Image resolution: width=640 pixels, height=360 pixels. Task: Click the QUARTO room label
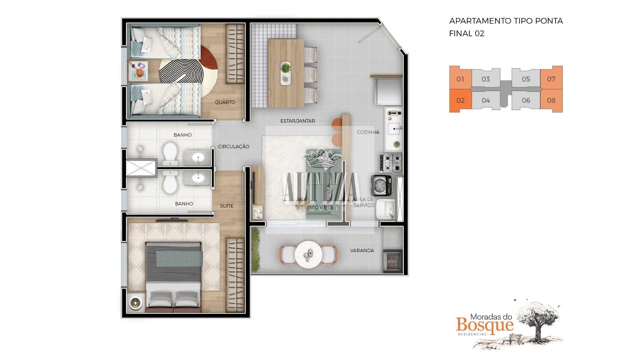coord(225,102)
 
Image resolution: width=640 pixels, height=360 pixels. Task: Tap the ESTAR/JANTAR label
coord(298,121)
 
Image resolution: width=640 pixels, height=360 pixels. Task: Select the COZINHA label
coord(368,132)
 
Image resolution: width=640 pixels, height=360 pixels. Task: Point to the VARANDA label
coord(362,251)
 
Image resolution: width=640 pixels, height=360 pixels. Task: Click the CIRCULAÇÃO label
coord(234,147)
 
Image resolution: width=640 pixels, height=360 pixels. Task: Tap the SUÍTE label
coord(227,206)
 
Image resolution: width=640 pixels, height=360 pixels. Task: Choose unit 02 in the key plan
coord(460,101)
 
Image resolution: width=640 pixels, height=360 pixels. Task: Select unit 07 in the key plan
coord(551,79)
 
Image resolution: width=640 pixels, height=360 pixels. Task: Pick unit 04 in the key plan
coord(486,100)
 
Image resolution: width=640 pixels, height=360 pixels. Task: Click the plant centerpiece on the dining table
coord(286,68)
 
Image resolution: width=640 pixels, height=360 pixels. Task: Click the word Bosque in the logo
coord(485,324)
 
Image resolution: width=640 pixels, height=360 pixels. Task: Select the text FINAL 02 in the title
coord(467,34)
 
